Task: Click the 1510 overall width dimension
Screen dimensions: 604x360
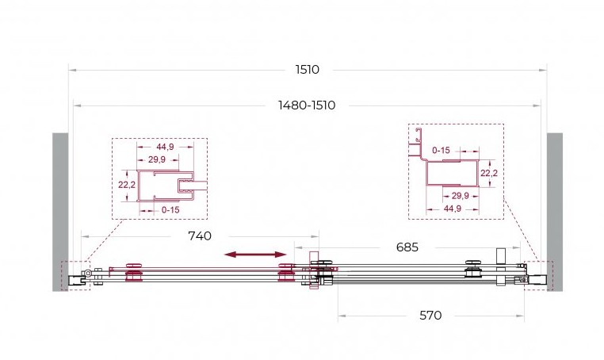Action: (307, 70)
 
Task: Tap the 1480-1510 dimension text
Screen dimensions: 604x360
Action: (307, 105)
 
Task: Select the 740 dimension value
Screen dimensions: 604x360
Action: (200, 236)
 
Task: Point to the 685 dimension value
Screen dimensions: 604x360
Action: (407, 247)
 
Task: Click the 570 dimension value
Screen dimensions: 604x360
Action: (430, 316)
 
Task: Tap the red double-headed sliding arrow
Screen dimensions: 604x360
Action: (255, 254)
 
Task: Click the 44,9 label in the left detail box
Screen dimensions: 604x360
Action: (165, 147)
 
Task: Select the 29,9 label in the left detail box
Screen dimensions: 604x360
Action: (157, 159)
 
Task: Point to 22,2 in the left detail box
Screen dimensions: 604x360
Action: (126, 185)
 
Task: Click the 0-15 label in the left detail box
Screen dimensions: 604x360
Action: (170, 210)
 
